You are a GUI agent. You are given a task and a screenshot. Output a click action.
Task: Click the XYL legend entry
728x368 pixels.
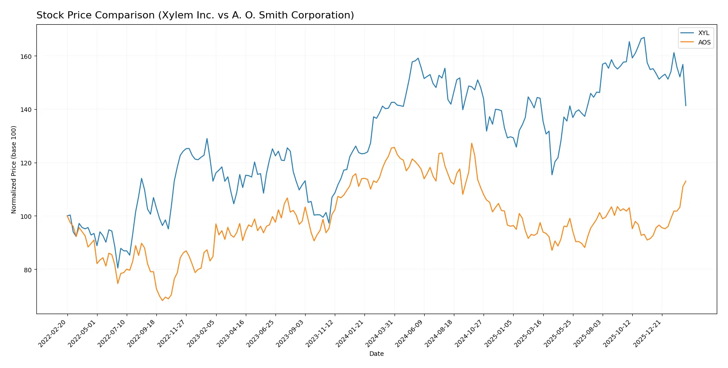tap(703, 33)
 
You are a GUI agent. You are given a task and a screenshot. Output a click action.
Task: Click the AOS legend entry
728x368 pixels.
tap(704, 42)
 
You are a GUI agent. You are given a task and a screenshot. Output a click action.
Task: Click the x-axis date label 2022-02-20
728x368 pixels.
tap(53, 333)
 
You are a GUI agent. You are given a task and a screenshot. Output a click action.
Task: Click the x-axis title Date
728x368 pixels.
tap(376, 354)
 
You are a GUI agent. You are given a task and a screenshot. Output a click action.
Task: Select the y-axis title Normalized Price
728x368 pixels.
tap(13, 169)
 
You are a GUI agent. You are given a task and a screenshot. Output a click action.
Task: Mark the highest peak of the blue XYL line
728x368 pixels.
tap(644, 37)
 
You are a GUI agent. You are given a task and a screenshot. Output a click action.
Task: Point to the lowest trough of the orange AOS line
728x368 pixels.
tap(162, 300)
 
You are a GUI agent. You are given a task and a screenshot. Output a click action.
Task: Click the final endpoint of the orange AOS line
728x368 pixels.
tap(686, 181)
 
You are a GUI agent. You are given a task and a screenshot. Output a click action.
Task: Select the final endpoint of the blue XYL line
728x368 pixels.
tap(686, 106)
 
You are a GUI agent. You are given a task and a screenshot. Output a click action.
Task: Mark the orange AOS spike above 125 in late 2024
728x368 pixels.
tap(471, 143)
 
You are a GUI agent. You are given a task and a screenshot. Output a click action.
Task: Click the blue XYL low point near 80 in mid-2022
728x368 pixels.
tap(118, 268)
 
